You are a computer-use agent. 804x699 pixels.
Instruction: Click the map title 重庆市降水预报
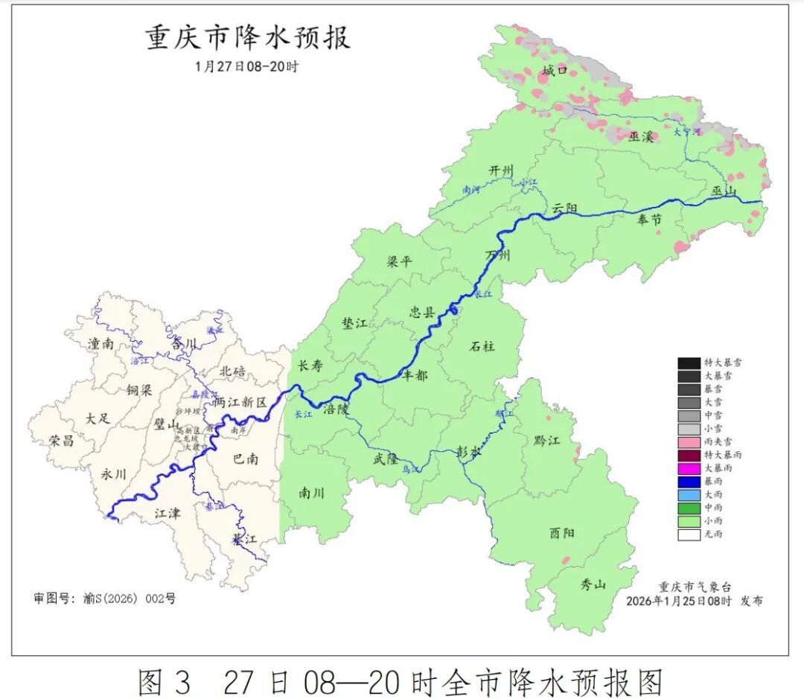tap(248, 37)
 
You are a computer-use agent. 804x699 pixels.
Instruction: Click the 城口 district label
tap(555, 71)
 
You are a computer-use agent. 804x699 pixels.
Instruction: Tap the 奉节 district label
tap(649, 220)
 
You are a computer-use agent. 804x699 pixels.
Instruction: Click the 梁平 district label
tap(400, 262)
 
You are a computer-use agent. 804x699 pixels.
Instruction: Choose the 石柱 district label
tap(482, 346)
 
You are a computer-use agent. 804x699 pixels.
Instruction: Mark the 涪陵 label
tap(336, 409)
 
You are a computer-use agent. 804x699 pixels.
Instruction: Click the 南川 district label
tap(312, 492)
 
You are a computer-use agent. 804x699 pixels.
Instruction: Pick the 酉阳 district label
tap(562, 533)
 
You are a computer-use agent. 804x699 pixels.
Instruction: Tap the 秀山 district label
tap(593, 585)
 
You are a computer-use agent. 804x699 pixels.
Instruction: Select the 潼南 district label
tap(100, 344)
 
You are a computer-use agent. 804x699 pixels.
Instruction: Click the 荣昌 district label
tap(62, 441)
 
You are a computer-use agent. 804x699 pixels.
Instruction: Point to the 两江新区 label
tap(239, 402)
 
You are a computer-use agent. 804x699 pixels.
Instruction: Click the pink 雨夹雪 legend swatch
tap(689, 441)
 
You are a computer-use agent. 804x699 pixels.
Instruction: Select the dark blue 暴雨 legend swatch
tap(689, 481)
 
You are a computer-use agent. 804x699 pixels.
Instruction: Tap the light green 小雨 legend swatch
tap(689, 520)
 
